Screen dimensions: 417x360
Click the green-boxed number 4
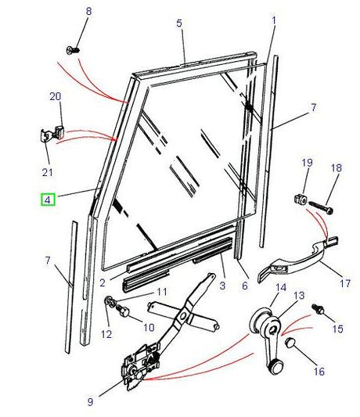(x=49, y=200)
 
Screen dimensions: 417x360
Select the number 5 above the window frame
(x=179, y=24)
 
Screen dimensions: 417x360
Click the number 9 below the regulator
(x=90, y=402)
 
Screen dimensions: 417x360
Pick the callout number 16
(x=319, y=372)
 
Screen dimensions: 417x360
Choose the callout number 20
(x=55, y=96)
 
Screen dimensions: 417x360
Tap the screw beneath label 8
(x=76, y=50)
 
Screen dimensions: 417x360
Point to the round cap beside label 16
(x=290, y=344)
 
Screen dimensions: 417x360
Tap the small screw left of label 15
(x=319, y=310)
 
